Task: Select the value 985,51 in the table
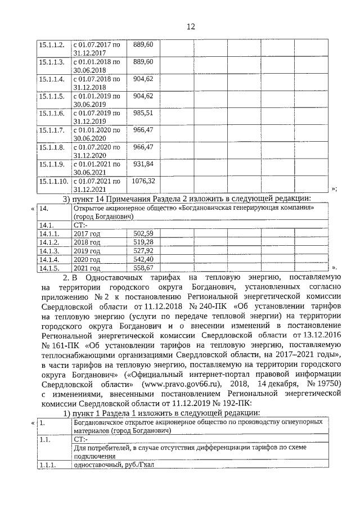pos(142,112)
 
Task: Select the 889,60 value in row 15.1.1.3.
pos(142,61)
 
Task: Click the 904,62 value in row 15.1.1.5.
pos(142,95)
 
